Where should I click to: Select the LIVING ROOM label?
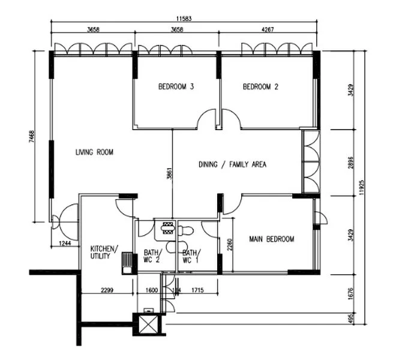coord(94,152)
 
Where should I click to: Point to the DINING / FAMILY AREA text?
coord(232,164)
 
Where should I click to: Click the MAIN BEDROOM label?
coord(272,239)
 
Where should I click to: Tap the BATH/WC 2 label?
coord(151,256)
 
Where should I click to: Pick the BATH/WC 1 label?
coord(191,256)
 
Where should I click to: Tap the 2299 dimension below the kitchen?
coord(106,291)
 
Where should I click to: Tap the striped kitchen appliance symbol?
coord(127,262)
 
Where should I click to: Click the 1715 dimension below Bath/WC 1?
coord(198,291)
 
